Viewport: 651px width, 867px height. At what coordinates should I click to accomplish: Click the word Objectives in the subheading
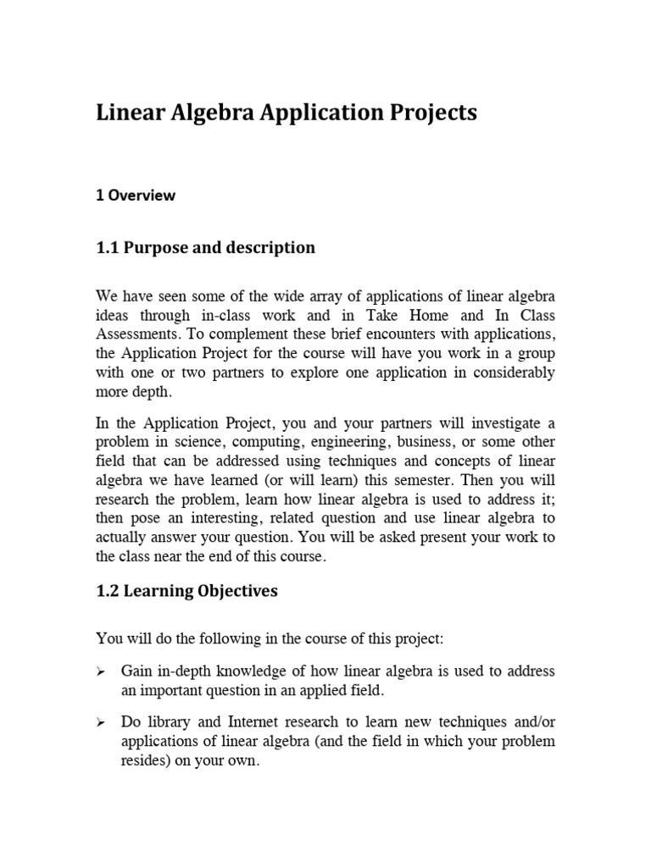229,592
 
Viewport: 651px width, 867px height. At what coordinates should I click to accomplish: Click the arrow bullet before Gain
101,672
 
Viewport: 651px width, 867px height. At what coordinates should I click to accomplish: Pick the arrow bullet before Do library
101,723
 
